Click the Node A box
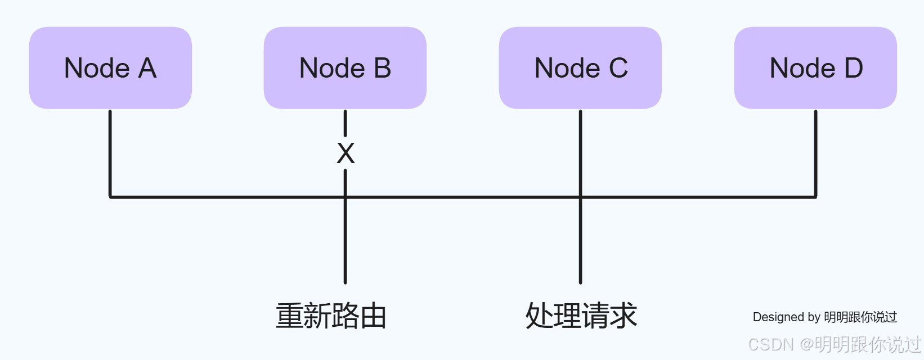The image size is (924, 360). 110,68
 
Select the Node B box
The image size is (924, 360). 345,68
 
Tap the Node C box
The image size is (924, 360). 580,68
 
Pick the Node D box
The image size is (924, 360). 815,68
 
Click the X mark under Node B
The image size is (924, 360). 346,153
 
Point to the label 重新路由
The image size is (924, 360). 331,316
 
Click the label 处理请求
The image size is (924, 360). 581,316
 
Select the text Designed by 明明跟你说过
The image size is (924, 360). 824,317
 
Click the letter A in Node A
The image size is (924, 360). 147,69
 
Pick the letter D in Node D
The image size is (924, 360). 853,69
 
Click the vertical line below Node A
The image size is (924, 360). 110,152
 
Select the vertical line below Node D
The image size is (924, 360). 815,152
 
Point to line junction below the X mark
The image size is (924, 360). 346,197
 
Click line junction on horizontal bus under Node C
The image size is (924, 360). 580,197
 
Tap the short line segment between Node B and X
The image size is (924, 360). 346,123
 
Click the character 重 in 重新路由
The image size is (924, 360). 289,316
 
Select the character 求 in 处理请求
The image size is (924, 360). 623,316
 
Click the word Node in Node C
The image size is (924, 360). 567,69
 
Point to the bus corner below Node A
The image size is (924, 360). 110,197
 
